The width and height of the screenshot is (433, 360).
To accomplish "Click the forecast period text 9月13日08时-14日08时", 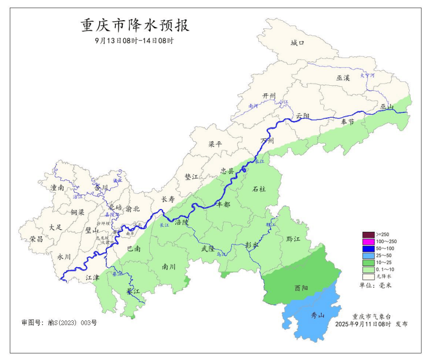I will point(134,41).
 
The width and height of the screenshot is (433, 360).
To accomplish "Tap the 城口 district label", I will point(297,43).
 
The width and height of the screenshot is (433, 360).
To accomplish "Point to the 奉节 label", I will point(347,122).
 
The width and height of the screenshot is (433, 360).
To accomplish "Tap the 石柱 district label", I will point(259,189).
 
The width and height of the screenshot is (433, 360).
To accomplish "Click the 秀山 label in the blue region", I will point(317,315).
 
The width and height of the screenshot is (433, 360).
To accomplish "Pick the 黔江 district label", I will point(293,239).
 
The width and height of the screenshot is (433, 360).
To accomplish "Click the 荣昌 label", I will point(36,239).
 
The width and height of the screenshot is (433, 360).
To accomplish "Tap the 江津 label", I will point(92,277).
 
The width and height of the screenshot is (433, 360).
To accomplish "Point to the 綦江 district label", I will point(132,292).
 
